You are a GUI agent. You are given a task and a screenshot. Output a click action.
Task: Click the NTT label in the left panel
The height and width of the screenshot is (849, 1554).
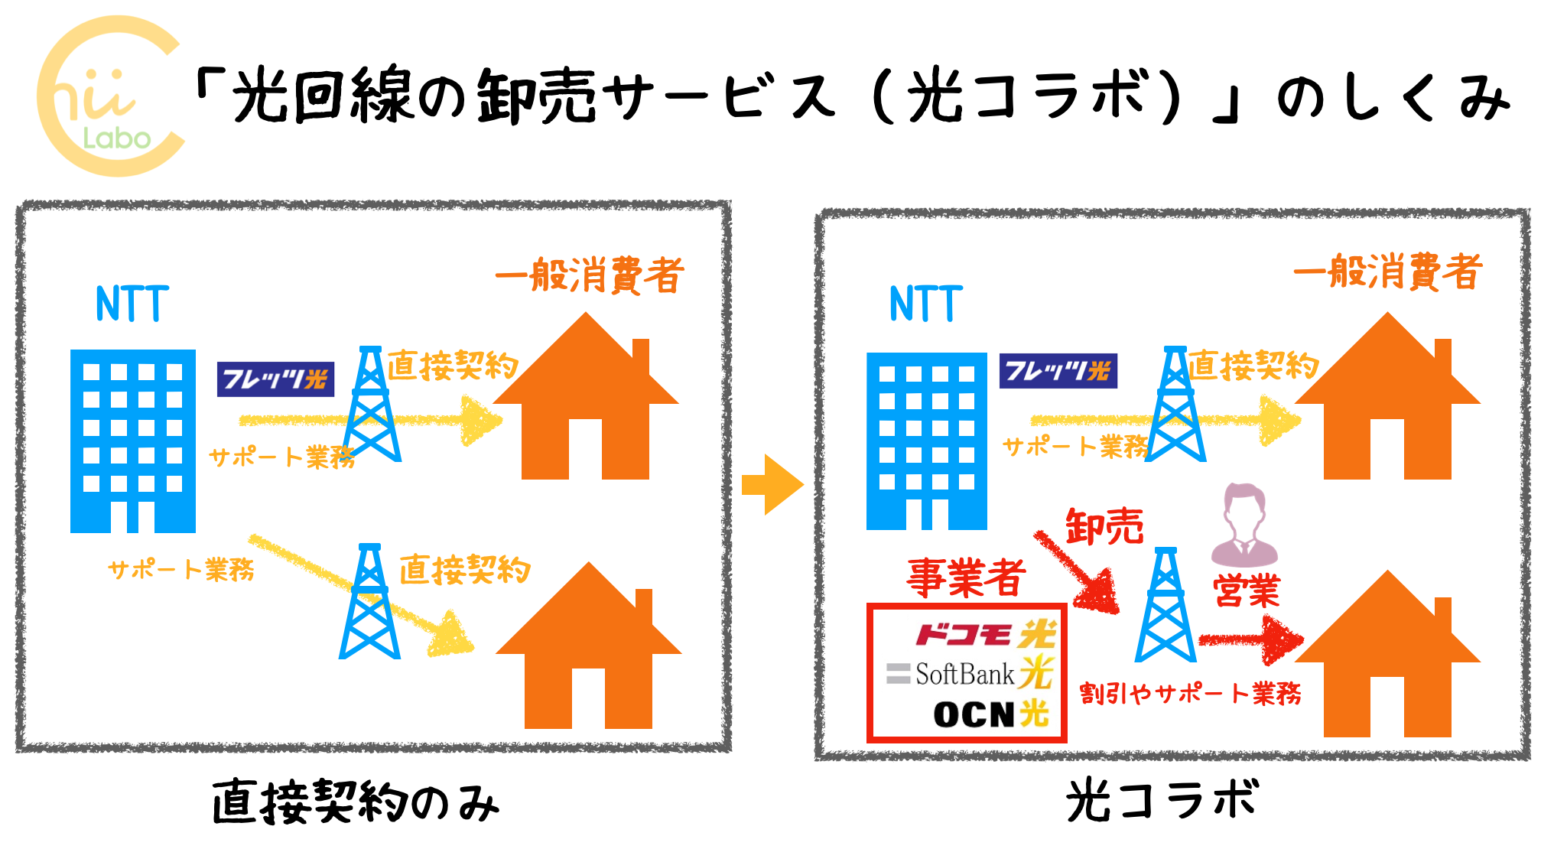coord(132,304)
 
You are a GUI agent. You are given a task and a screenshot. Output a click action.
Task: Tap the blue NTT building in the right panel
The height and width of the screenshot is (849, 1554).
coord(926,441)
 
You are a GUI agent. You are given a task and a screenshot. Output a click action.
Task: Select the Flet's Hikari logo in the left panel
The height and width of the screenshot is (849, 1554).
coord(275,379)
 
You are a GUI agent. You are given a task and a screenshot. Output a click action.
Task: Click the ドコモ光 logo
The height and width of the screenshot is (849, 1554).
coord(985,635)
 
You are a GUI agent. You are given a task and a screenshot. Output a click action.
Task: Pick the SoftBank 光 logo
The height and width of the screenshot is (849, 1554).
coord(970,674)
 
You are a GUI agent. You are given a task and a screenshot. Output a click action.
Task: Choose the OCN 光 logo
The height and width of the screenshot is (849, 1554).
coord(990,714)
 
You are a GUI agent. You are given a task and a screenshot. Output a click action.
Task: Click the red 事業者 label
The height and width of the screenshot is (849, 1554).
coord(966,577)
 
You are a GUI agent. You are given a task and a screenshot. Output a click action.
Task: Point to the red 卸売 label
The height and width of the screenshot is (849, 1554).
coord(1104,527)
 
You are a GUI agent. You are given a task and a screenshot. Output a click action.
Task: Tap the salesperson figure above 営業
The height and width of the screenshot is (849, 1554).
coord(1244,525)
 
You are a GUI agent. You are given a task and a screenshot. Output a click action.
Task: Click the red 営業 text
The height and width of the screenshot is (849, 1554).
coord(1246,591)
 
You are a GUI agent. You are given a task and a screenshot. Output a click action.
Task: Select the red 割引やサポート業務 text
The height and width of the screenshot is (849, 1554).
coord(1190,694)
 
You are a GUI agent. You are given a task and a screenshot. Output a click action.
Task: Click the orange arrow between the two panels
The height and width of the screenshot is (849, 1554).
coord(772,485)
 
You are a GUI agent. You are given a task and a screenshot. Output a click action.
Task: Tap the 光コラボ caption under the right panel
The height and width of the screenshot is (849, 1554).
coord(1162,801)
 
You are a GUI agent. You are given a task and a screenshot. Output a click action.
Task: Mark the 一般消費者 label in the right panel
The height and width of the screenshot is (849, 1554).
coord(1387,272)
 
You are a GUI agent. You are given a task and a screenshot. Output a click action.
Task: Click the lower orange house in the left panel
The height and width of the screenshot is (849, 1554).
coord(588,650)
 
